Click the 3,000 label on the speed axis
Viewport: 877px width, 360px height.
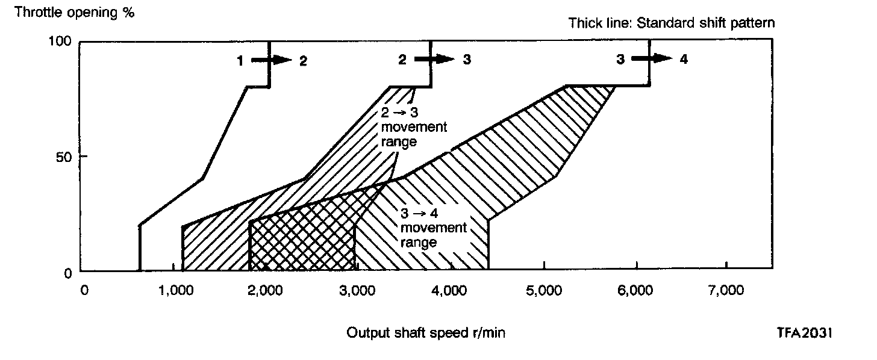[x=358, y=291]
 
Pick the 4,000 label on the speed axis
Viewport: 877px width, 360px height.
[x=451, y=291]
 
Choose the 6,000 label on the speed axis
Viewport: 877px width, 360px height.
[x=635, y=291]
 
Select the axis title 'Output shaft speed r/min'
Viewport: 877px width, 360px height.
[x=426, y=334]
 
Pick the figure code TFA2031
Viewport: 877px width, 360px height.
[x=804, y=333]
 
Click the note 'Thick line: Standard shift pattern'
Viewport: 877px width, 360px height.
[x=672, y=23]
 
